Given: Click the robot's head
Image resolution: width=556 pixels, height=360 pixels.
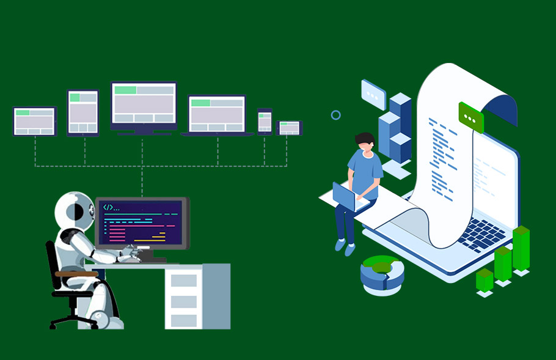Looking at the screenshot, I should (x=75, y=211).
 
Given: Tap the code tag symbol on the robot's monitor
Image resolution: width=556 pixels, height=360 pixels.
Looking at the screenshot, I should (x=108, y=207).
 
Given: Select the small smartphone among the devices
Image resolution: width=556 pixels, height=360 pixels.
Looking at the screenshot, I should (x=265, y=121).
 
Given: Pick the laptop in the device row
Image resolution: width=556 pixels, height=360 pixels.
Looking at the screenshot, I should (x=217, y=115).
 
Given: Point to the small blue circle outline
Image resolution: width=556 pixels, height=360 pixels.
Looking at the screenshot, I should (x=335, y=115).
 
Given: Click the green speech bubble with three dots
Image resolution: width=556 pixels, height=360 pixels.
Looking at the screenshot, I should (x=470, y=117).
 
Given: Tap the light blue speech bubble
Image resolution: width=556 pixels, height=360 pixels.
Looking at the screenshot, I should (x=373, y=94).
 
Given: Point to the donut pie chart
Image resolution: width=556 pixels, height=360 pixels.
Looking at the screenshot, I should (x=382, y=274).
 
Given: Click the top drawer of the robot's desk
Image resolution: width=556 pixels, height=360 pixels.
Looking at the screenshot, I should (x=184, y=281).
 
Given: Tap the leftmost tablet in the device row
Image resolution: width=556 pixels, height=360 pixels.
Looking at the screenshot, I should (x=34, y=121).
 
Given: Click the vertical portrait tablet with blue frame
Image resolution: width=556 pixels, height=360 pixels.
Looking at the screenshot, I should (x=83, y=112).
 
